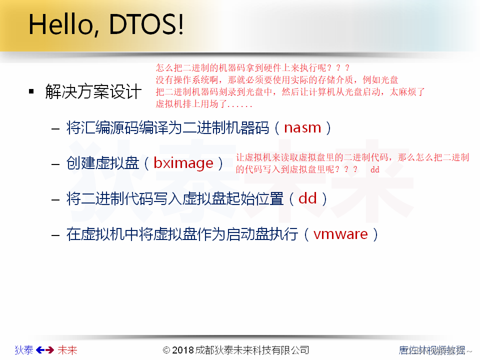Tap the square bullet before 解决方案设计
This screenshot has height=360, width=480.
[x=31, y=91]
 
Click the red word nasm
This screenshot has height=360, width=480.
[x=302, y=127]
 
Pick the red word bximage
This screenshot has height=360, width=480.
[x=183, y=163]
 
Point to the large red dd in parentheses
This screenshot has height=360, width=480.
[x=307, y=198]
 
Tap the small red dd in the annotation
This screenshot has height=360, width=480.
[x=374, y=169]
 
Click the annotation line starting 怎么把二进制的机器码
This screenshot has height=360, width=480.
[x=253, y=67]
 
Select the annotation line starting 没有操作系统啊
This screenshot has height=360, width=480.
[x=277, y=80]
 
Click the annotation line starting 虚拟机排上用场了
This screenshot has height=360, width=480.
[x=204, y=104]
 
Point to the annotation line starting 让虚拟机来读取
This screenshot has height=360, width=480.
[x=352, y=157]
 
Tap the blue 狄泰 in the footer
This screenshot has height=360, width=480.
[x=24, y=350]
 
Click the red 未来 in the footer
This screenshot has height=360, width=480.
[x=67, y=350]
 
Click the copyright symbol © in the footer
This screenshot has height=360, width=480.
[x=166, y=350]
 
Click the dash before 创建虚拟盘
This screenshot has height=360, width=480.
[x=55, y=164]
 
